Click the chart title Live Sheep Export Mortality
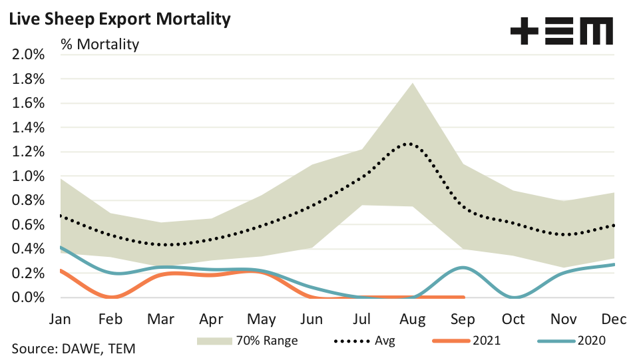pyautogui.click(x=120, y=19)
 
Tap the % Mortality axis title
pyautogui.click(x=100, y=45)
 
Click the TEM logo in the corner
pyautogui.click(x=561, y=31)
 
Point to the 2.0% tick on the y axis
pyautogui.click(x=28, y=55)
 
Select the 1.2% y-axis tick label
pyautogui.click(x=28, y=152)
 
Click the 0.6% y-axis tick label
pyautogui.click(x=28, y=225)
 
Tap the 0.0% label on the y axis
pyautogui.click(x=28, y=297)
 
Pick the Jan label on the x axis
pyautogui.click(x=60, y=319)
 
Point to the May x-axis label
pyautogui.click(x=261, y=319)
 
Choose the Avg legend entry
pyautogui.click(x=363, y=341)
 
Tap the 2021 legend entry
pyautogui.click(x=466, y=341)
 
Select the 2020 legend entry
pyautogui.click(x=569, y=341)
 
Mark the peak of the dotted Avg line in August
pyautogui.click(x=412, y=143)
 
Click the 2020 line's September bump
pyautogui.click(x=463, y=267)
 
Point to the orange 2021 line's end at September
pyautogui.click(x=462, y=297)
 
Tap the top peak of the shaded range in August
pyautogui.click(x=412, y=83)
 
